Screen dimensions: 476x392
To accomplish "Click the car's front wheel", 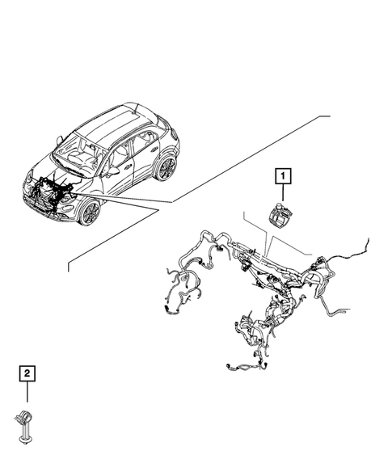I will (90, 213).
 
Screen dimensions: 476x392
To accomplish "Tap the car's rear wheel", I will (166, 168).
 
